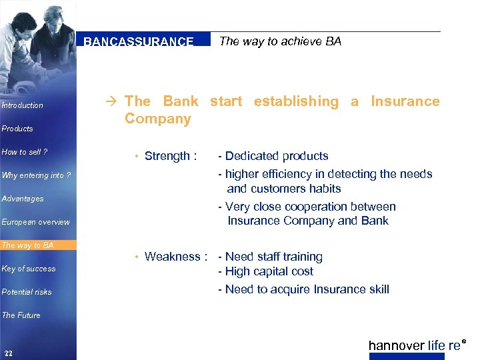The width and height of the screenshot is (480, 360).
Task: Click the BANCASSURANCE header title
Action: pos(139,41)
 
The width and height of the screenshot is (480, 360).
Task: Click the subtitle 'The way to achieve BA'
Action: pos(280,41)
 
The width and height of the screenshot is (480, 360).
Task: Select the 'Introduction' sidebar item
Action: pos(23,105)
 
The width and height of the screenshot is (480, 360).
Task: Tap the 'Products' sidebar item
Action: pos(17,129)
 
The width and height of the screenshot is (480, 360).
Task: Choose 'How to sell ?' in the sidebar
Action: pos(25,152)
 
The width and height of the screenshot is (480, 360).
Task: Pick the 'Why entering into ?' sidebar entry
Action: pos(36,175)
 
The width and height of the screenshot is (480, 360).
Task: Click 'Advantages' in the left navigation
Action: pos(23,199)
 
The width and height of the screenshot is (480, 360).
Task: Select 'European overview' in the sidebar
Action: pos(35,222)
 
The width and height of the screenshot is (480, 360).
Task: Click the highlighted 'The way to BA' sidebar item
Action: pos(28,245)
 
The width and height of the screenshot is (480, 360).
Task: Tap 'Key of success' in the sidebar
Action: pos(29,269)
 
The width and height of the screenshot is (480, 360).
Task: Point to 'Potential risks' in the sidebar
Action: pos(27,292)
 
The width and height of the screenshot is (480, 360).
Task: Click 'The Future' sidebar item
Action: pos(21,315)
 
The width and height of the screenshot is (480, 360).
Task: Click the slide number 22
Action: pos(8,353)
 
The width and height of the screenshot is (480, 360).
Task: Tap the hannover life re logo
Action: pos(415,345)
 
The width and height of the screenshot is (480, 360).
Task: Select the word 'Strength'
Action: pos(167,156)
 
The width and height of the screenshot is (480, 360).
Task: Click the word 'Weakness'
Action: pos(173,257)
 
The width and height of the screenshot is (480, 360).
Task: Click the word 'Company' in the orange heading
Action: pos(157,119)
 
